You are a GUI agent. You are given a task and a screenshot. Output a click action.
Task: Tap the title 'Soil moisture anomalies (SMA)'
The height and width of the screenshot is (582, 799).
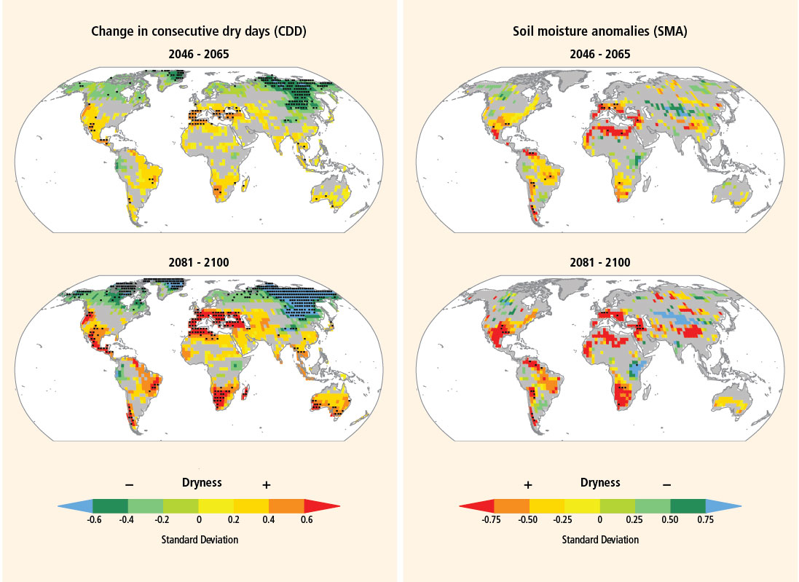(600, 31)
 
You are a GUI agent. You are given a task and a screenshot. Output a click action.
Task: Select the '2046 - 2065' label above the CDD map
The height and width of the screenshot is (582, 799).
(197, 54)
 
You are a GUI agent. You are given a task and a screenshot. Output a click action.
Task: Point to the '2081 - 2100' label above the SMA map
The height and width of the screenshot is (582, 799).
(601, 262)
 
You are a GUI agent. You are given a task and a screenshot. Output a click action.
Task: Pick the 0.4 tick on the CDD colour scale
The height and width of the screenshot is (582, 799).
(269, 519)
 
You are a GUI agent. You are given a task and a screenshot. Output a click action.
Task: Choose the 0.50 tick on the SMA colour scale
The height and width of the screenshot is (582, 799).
(671, 519)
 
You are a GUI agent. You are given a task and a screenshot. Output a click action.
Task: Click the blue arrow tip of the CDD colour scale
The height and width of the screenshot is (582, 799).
(66, 506)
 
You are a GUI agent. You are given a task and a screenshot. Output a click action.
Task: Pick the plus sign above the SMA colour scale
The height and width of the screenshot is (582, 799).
(528, 484)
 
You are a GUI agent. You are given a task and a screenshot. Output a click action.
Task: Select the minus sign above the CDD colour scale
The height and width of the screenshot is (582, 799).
(129, 484)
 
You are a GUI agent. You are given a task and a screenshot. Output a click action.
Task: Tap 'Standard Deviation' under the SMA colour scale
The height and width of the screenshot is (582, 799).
(600, 540)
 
